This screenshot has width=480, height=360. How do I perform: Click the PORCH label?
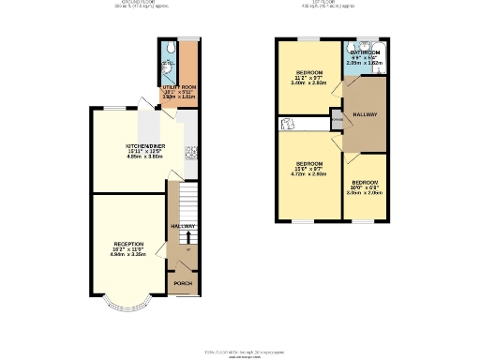[x=184, y=282]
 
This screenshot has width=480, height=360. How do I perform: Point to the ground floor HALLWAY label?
[x=183, y=226]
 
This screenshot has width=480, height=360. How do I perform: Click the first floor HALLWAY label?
[x=365, y=114]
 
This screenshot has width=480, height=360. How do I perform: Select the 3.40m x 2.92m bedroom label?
[x=309, y=72]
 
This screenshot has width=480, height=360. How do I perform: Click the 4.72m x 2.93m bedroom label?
[x=309, y=162]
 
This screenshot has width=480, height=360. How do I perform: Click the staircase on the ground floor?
[x=172, y=201]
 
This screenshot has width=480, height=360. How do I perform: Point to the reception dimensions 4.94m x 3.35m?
[x=128, y=254]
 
